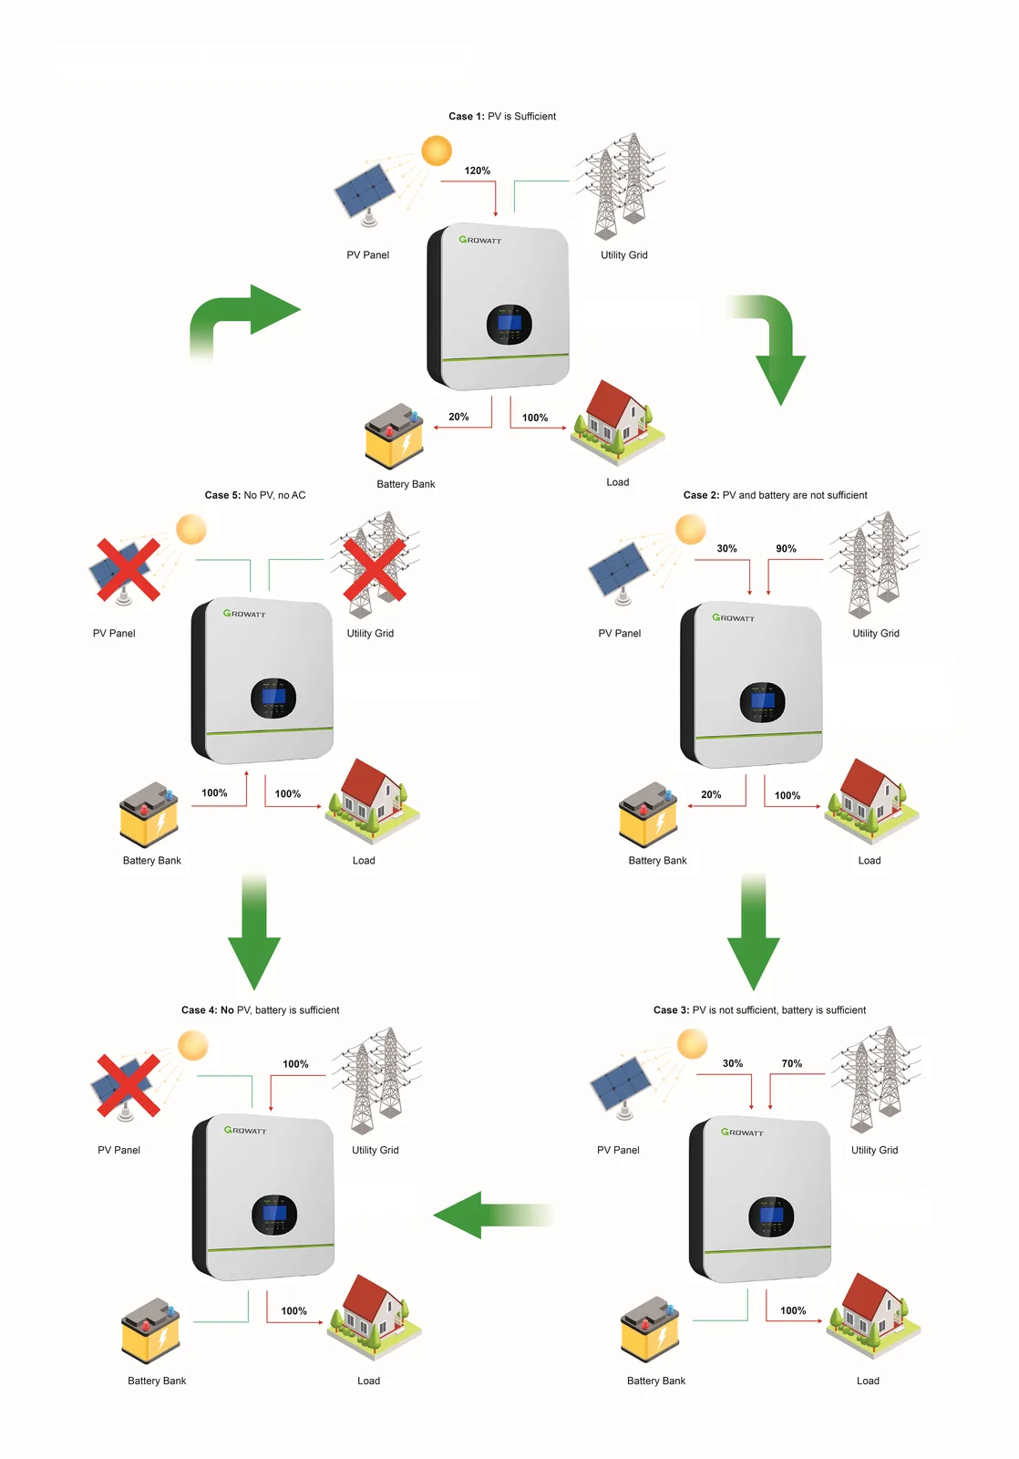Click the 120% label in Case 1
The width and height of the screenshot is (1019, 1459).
477,171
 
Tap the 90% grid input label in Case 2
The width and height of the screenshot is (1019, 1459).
786,548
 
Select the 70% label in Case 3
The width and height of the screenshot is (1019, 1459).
791,1063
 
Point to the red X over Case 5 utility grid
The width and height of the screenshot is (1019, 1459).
375,569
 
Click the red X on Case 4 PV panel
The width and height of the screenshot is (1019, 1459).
129,1085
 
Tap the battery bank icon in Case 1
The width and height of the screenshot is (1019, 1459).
394,436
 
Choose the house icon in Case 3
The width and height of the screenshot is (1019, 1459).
873,1316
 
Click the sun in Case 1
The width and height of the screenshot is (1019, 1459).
437,150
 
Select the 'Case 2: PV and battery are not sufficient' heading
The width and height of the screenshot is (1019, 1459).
775,495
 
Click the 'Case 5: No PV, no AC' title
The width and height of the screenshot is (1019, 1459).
254,495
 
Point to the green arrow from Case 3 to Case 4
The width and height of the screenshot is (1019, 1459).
493,1215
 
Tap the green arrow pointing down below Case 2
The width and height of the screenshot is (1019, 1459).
754,931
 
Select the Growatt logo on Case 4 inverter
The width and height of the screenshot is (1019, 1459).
245,1130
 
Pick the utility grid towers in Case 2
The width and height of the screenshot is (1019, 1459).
874,564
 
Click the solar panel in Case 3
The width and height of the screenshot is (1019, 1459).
621,1088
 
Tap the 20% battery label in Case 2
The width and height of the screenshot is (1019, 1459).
710,794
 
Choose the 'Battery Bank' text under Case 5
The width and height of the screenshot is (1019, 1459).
151,861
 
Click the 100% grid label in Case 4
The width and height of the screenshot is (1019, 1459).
295,1063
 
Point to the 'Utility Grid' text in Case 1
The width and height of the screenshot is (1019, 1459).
623,254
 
